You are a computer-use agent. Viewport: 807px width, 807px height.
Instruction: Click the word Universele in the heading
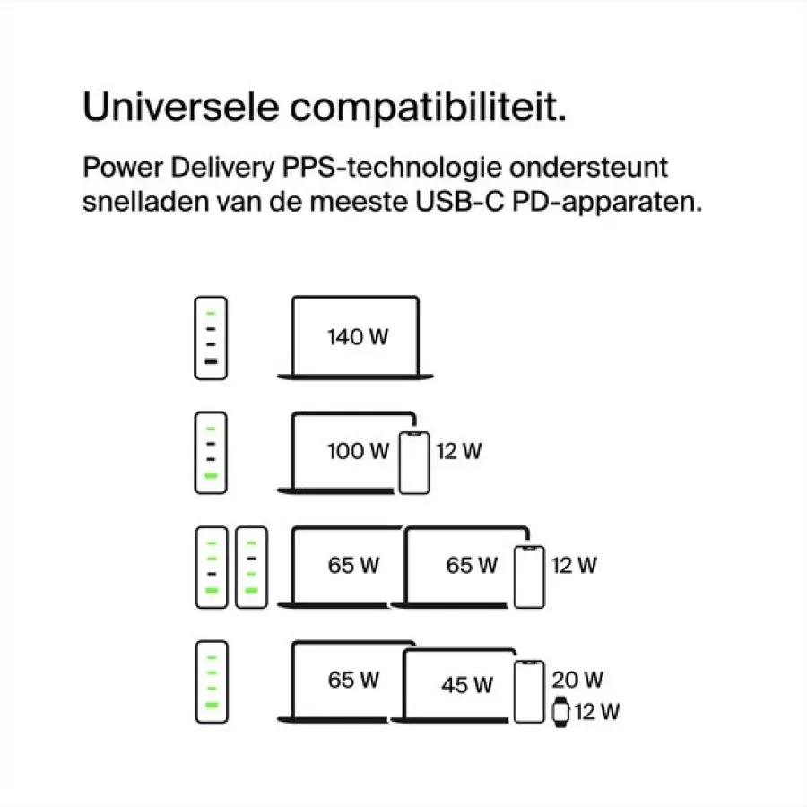pyautogui.click(x=180, y=107)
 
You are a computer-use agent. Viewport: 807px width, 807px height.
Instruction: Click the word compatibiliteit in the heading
pyautogui.click(x=428, y=108)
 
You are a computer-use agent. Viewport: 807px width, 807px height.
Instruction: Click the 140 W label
pyautogui.click(x=358, y=337)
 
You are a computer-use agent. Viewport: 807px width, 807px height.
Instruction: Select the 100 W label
pyautogui.click(x=358, y=451)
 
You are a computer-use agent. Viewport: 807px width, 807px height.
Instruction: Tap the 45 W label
pyautogui.click(x=467, y=685)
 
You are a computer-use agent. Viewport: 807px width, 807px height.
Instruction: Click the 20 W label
pyautogui.click(x=577, y=680)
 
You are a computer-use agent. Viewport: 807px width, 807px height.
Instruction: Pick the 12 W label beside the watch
pyautogui.click(x=597, y=712)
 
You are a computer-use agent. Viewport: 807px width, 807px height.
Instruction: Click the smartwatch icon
pyautogui.click(x=560, y=712)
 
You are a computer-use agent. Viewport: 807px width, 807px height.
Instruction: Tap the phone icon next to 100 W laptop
pyautogui.click(x=414, y=463)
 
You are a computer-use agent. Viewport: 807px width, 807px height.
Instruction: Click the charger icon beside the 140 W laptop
pyautogui.click(x=211, y=338)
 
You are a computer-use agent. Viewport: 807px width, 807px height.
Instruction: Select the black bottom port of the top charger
pyautogui.click(x=211, y=361)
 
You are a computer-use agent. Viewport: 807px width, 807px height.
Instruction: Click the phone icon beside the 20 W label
pyautogui.click(x=529, y=691)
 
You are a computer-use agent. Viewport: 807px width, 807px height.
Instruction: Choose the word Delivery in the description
pyautogui.click(x=222, y=169)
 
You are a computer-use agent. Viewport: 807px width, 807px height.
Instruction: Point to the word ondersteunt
pyautogui.click(x=588, y=168)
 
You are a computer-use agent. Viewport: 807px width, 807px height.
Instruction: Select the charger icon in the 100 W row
pyautogui.click(x=211, y=453)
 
